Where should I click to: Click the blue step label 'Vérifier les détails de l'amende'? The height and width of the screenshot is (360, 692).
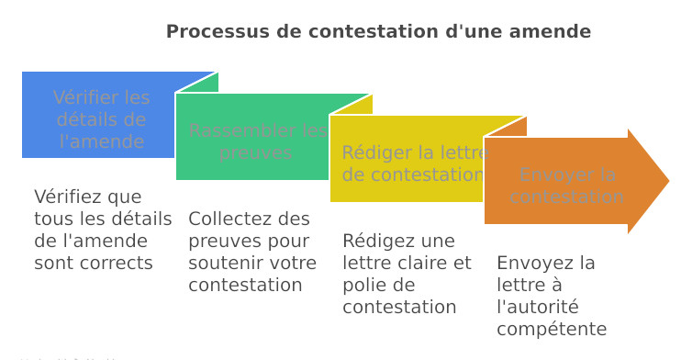point(101,119)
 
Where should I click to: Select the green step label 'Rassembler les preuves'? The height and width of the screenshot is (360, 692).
point(258,141)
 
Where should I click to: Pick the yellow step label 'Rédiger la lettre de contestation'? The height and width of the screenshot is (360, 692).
point(413,163)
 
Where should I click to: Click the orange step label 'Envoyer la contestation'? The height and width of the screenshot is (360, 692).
point(567,186)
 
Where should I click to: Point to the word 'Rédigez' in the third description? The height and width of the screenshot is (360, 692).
point(373,241)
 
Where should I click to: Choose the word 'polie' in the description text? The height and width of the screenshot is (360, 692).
point(363,285)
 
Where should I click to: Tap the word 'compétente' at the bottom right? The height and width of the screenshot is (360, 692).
point(552,329)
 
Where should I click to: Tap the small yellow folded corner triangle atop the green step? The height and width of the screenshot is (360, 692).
point(359,104)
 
